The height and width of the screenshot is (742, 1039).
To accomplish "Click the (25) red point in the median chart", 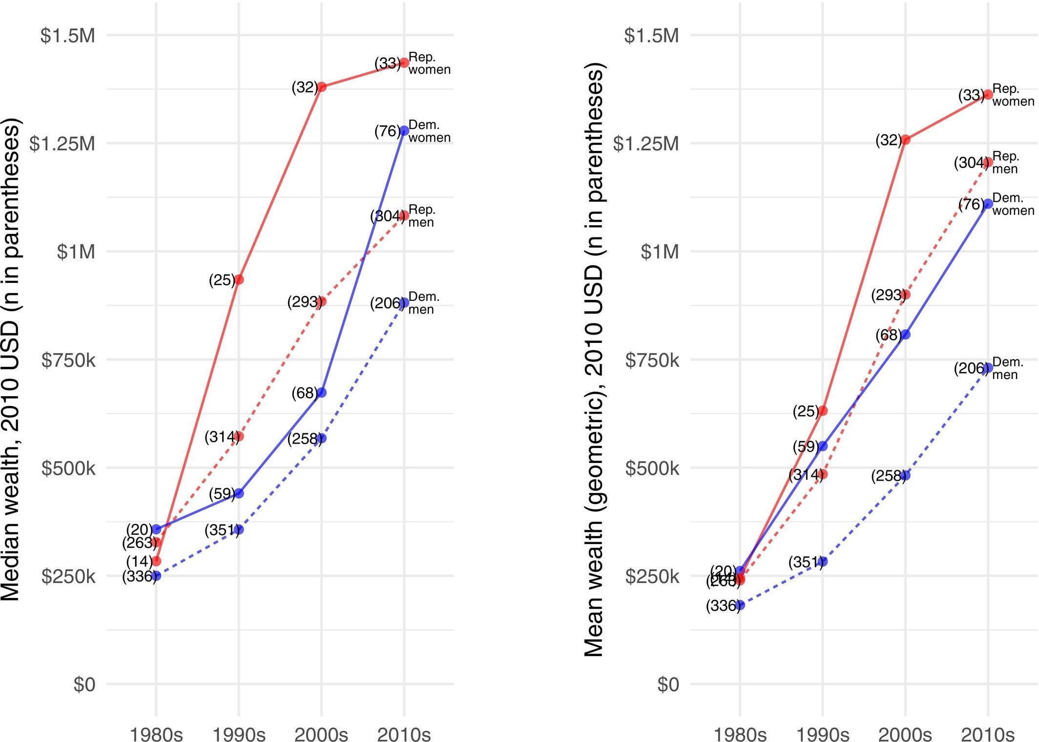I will point(239,280).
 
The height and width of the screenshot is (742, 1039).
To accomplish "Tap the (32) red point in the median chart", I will point(321,87).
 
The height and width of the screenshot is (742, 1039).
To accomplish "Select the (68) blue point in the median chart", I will point(321,393).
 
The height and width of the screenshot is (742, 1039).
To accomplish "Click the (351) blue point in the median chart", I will point(239,530).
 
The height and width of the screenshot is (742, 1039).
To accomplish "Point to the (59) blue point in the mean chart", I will point(823,446).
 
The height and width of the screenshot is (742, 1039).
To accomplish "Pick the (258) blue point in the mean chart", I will point(906,475).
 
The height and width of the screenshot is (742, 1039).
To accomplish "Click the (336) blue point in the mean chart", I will point(740,605).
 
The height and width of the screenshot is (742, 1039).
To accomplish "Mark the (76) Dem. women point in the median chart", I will point(404,131).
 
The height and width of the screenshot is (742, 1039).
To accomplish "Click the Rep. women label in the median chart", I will point(429,64).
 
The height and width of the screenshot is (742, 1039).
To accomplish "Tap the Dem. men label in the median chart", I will point(423,303).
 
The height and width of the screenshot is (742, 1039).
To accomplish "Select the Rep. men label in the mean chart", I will point(1006,163).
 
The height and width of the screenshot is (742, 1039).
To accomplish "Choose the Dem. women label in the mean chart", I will point(1013,204).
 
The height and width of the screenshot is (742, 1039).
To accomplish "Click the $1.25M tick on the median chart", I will point(62,144).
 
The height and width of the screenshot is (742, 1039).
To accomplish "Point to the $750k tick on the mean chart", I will point(652,360).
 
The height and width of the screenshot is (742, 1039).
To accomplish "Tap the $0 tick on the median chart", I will point(84,684).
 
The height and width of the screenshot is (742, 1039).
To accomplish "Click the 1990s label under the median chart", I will point(239,734).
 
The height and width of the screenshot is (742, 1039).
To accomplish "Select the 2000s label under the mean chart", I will point(905,734).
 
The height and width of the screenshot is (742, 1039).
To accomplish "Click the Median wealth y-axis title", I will point(11,359).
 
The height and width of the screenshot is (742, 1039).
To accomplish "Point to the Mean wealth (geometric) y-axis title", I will point(594,359).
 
